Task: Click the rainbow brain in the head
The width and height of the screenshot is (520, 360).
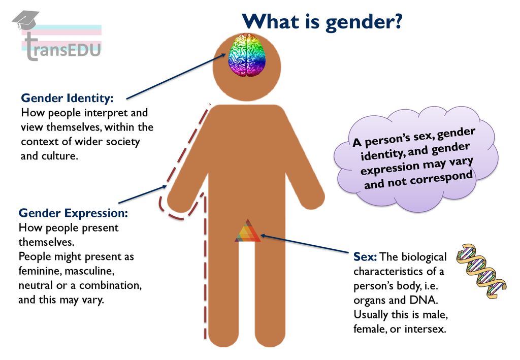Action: tap(247, 55)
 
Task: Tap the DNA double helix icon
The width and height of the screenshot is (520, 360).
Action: tap(481, 271)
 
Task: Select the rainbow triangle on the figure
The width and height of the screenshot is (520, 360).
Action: tap(248, 231)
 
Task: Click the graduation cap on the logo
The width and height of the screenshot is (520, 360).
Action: tap(25, 20)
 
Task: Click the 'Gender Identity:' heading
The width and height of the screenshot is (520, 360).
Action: tap(68, 98)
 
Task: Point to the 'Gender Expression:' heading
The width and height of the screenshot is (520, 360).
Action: tap(73, 213)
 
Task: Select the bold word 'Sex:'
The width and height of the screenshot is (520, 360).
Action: tap(365, 256)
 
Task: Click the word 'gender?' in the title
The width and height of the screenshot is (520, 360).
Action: tap(364, 22)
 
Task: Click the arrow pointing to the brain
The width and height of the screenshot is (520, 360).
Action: tap(176, 76)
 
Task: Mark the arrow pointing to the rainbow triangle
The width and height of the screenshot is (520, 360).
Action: tap(305, 244)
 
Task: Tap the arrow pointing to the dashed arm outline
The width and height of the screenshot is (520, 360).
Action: tap(143, 194)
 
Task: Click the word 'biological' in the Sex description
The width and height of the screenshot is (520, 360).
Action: tap(424, 257)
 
